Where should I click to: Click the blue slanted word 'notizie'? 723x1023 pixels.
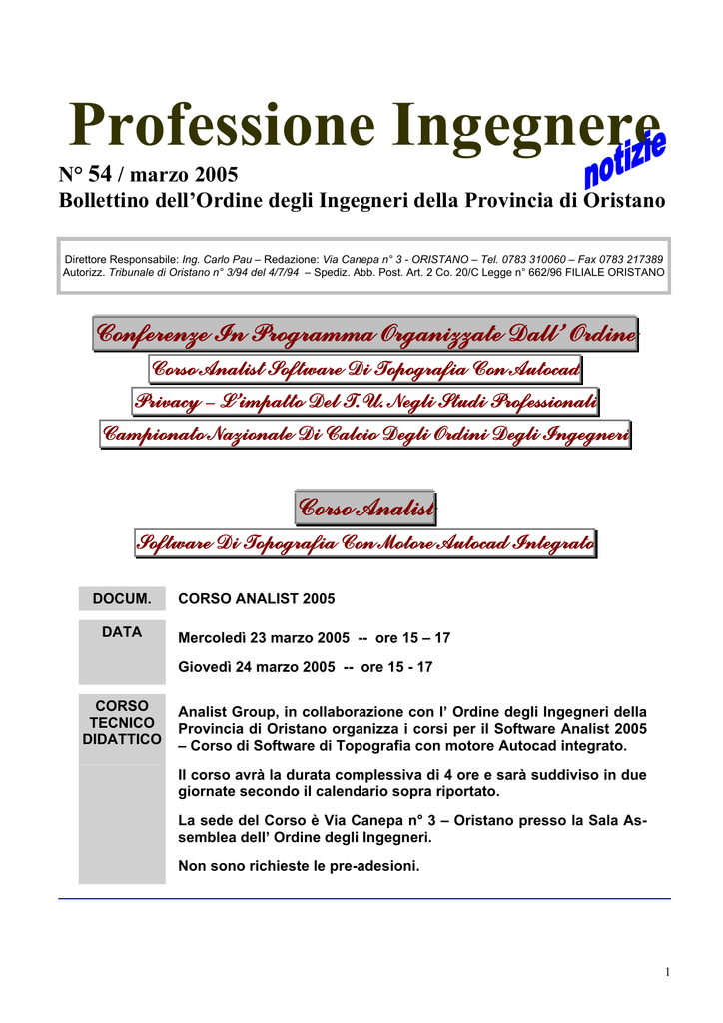pos(625,161)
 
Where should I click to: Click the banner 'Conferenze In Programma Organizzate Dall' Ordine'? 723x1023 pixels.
pos(364,334)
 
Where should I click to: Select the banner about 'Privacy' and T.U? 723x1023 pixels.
pos(365,402)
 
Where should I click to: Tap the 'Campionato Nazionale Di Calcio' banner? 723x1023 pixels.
pos(365,435)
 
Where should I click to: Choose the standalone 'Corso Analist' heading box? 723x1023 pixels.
pos(365,509)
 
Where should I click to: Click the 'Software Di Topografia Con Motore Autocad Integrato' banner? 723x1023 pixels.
pos(365,543)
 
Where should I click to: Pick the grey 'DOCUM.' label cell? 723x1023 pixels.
pos(122,599)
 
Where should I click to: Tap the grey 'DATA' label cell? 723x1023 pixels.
pos(122,632)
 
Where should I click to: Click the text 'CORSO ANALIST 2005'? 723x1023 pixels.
pos(256,599)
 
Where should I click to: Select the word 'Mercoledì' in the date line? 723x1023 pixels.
pos(212,637)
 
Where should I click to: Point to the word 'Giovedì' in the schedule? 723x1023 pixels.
pos(205,666)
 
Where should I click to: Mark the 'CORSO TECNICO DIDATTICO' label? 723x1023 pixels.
pos(122,722)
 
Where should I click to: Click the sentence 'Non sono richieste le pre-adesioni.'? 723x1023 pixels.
pos(299,866)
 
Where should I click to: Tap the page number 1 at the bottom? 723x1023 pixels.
pos(666,973)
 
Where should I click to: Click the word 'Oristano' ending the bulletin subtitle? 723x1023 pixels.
pos(624,201)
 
